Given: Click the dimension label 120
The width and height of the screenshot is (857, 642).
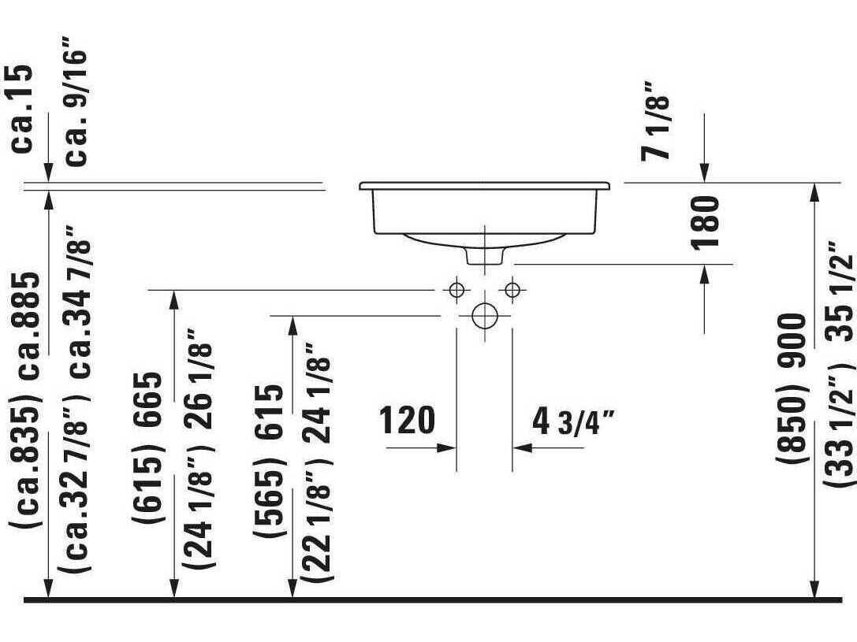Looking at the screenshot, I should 407,421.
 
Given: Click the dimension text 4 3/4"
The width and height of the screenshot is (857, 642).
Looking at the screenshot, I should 572,421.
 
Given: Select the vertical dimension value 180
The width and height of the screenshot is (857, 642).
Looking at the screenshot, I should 706,221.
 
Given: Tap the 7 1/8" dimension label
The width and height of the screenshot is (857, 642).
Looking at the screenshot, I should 656,120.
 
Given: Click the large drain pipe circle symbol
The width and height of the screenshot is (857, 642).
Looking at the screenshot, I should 484,316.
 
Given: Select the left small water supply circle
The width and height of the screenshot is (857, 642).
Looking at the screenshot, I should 456,289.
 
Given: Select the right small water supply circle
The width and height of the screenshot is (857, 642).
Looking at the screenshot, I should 512,289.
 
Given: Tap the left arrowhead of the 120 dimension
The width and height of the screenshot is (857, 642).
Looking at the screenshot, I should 450,447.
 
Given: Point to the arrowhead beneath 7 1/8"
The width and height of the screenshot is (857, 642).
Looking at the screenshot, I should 704,174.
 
